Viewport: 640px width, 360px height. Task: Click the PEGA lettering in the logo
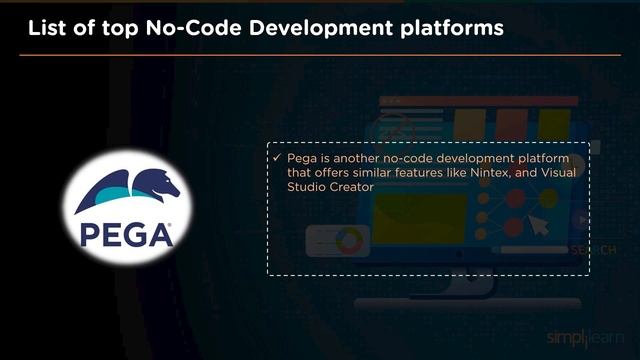click(127, 234)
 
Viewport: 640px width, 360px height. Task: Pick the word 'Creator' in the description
click(351, 187)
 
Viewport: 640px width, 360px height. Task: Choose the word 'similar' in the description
click(375, 173)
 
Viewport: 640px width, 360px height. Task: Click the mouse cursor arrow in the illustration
click(539, 226)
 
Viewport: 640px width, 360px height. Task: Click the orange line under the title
click(320, 55)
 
